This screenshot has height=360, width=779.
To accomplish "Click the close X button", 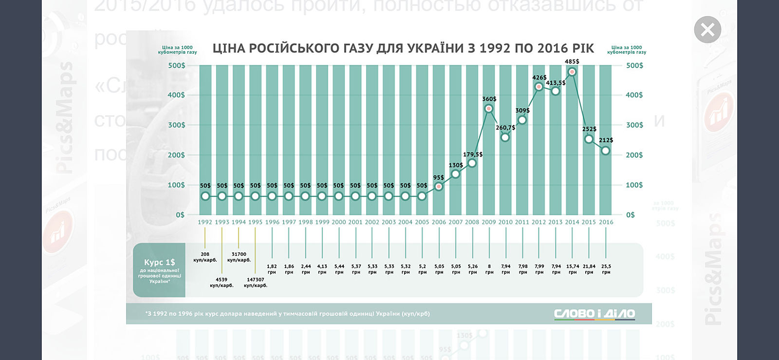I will click(707, 30).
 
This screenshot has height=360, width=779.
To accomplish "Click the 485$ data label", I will click(572, 61).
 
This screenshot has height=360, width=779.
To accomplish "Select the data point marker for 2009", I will click(489, 108).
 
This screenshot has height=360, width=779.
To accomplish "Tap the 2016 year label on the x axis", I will click(606, 222).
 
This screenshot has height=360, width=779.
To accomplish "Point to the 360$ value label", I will click(489, 99).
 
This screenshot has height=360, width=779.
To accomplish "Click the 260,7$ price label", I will click(505, 128).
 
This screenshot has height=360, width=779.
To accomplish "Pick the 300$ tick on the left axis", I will click(176, 125).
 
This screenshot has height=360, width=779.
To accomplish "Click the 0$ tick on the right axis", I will click(630, 215).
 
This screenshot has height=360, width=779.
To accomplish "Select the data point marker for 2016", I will click(606, 151).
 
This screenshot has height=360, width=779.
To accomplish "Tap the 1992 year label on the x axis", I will click(205, 222).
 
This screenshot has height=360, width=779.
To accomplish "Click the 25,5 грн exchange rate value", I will click(606, 269).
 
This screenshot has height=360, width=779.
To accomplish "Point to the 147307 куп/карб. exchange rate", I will click(256, 283).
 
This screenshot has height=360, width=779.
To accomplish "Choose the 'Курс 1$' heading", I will click(159, 262).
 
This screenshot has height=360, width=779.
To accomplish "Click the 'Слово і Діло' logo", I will click(594, 314).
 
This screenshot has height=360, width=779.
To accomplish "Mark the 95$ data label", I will click(439, 178).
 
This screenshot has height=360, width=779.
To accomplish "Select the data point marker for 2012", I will click(538, 87).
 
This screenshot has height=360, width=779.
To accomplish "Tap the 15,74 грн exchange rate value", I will click(573, 269).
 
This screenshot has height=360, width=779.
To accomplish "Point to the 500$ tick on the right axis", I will click(634, 65).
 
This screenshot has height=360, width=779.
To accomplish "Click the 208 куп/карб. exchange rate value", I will click(205, 257).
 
